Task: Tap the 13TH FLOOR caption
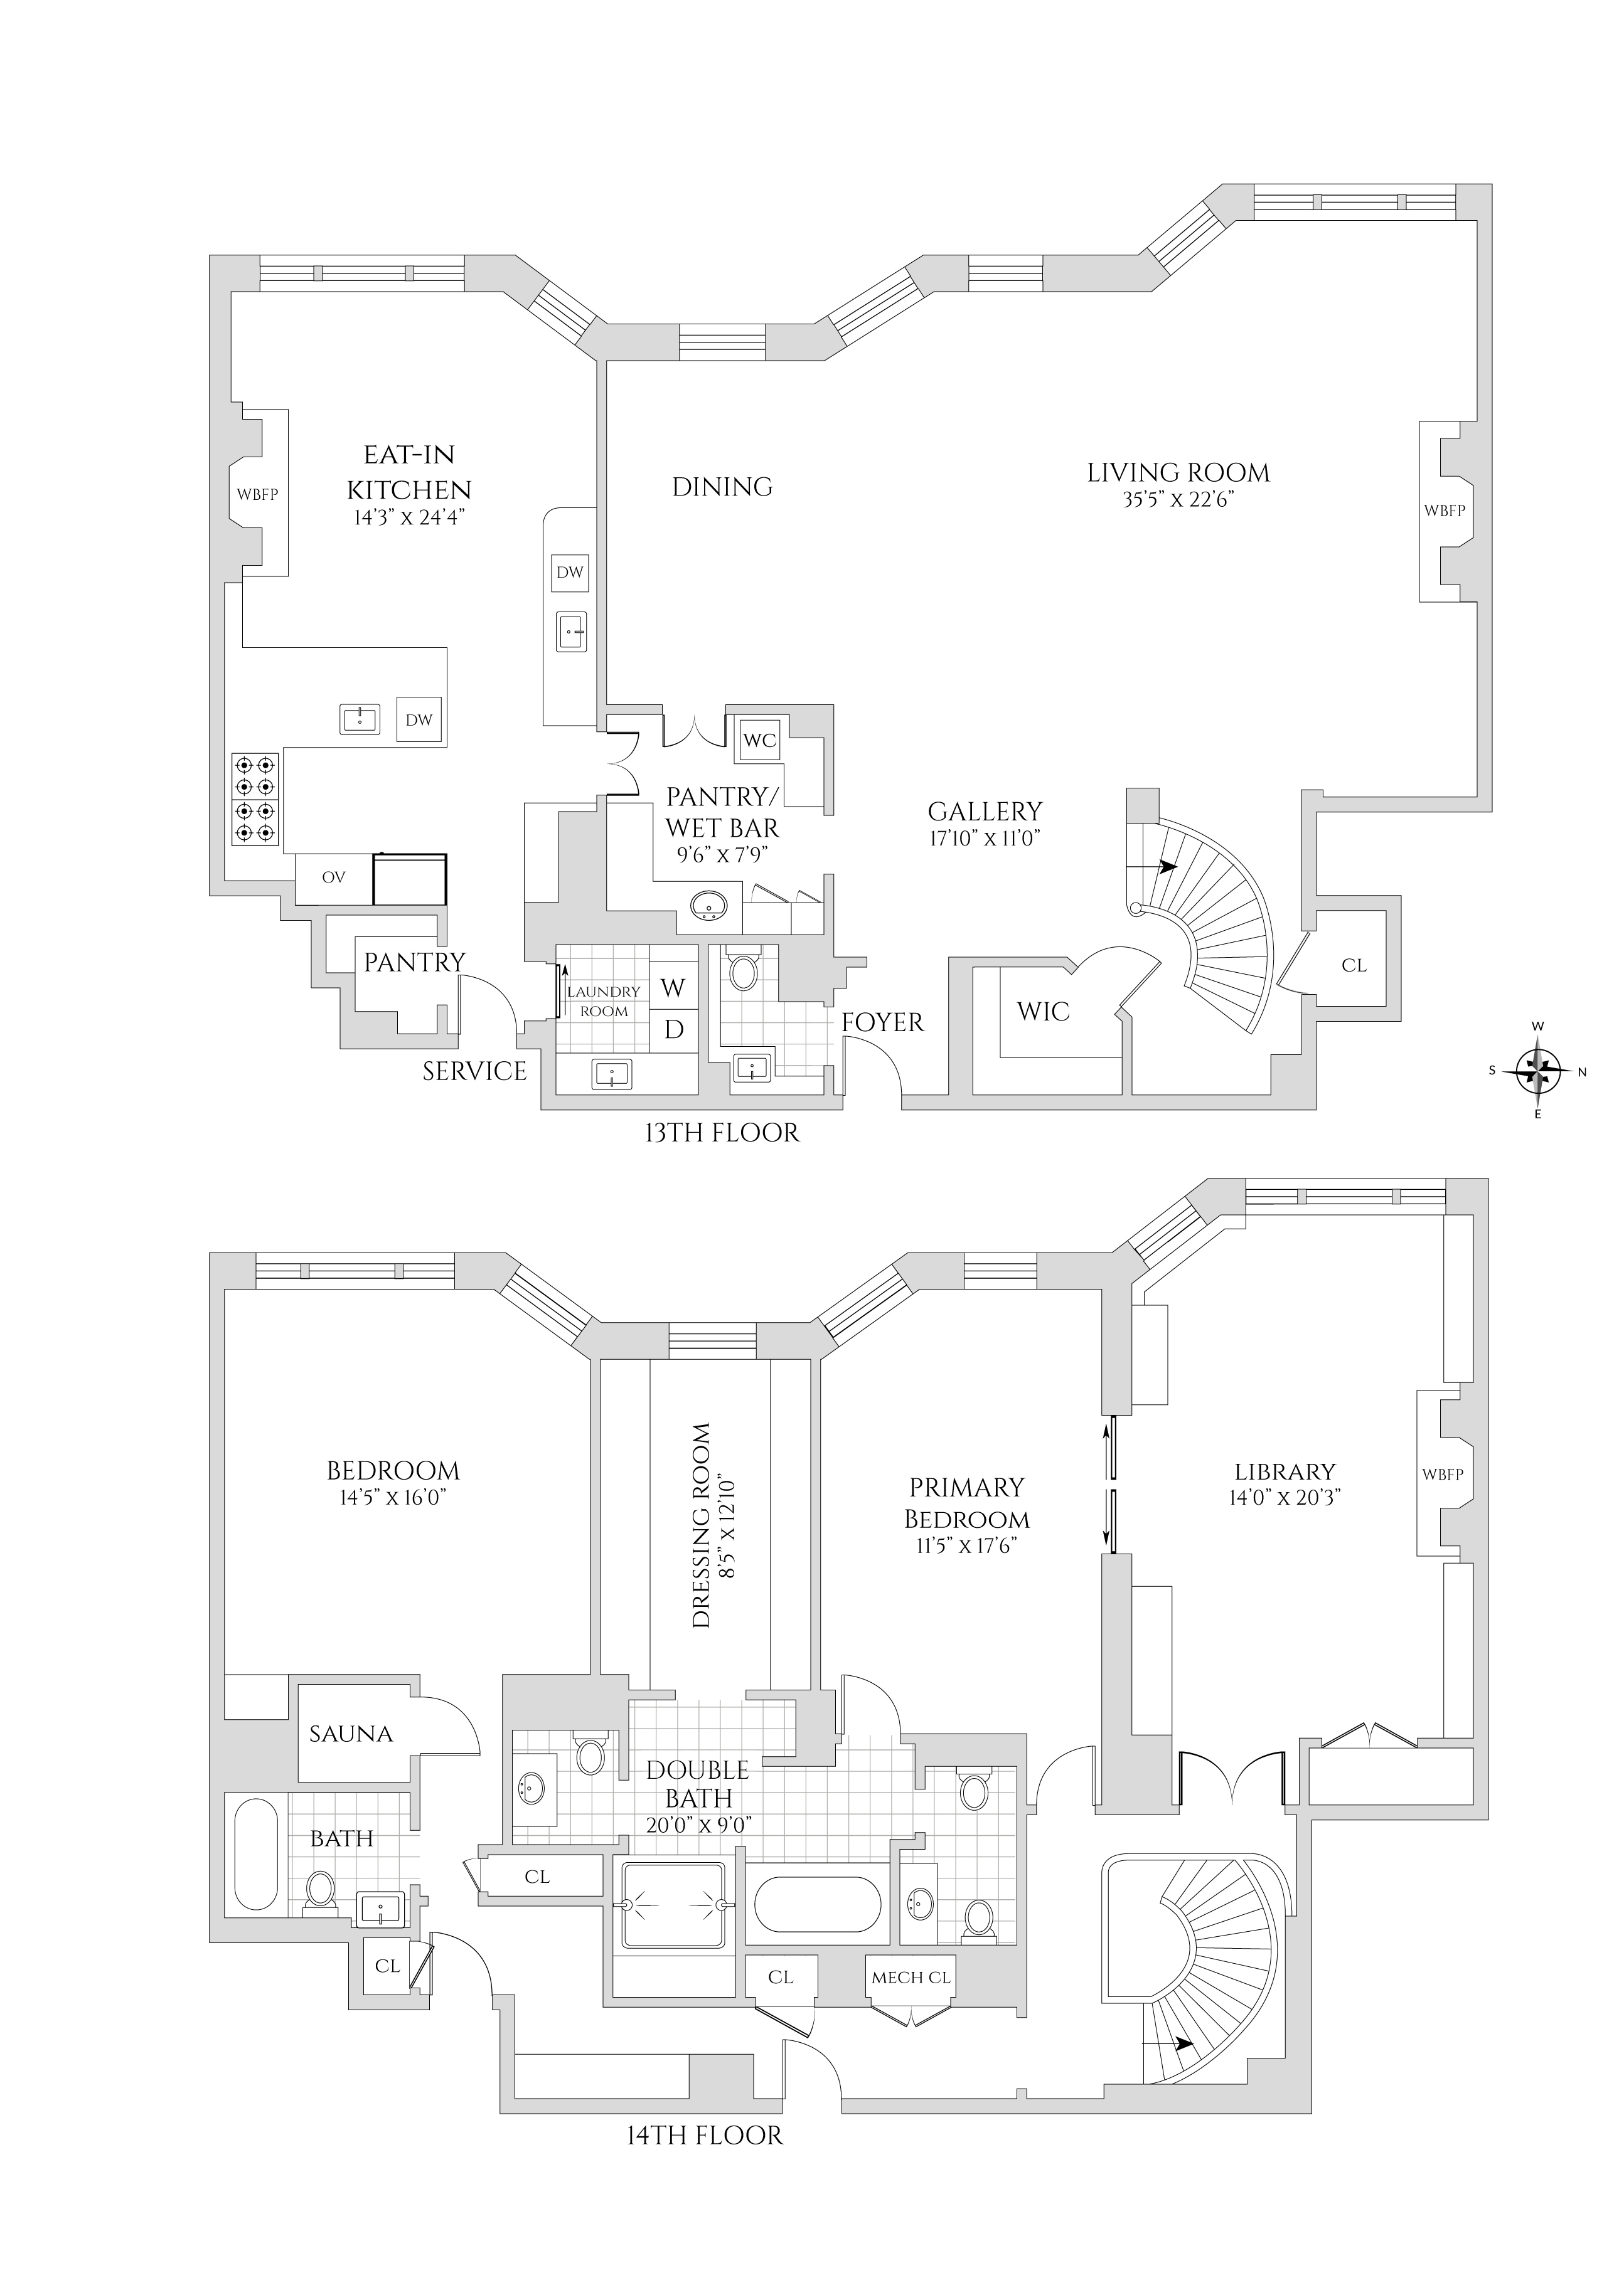[722, 1133]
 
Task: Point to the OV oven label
[333, 877]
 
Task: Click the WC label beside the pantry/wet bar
[760, 741]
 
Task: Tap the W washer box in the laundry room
[673, 988]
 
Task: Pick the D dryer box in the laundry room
[673, 1029]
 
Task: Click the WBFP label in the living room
[1444, 511]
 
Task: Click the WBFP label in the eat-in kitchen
[257, 494]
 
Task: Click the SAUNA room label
[350, 1733]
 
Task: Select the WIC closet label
[1043, 1012]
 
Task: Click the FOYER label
[882, 1022]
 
